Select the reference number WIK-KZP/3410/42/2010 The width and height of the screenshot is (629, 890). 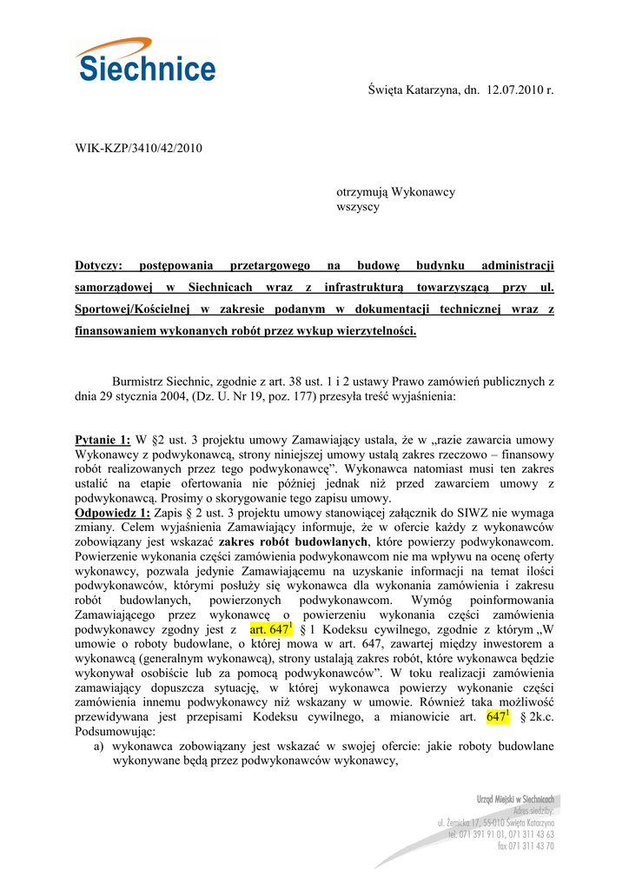[138, 149]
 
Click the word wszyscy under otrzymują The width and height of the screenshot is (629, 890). [358, 207]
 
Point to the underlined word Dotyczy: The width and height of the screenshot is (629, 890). [99, 265]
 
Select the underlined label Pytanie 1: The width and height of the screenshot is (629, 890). [103, 440]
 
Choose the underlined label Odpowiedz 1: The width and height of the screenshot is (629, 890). [113, 513]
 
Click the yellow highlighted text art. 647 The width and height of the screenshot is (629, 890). [269, 628]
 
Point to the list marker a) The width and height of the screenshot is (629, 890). [100, 747]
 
